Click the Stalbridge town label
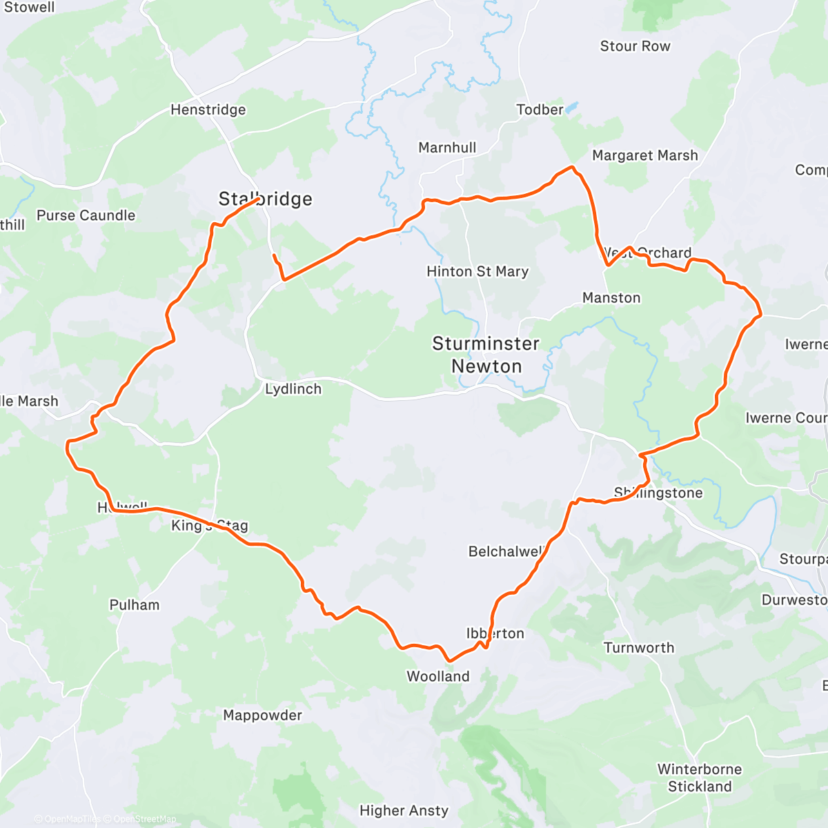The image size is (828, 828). [x=266, y=199]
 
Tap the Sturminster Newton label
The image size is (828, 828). [x=486, y=355]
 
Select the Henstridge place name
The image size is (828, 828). [x=208, y=110]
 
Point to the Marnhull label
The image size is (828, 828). [x=447, y=148]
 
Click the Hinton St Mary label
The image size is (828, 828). [x=477, y=272]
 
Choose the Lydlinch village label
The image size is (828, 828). [x=293, y=389]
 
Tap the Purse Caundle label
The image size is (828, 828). [x=86, y=215]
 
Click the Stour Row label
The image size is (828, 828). [x=635, y=46]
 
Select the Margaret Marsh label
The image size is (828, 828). [x=645, y=156]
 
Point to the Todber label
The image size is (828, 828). [x=540, y=110]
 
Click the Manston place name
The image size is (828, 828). [x=611, y=298]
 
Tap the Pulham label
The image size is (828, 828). [x=135, y=605]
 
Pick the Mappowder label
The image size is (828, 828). [x=262, y=716]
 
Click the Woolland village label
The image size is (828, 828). [x=438, y=677]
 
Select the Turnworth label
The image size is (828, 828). [x=639, y=648]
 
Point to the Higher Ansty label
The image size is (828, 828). [x=404, y=811]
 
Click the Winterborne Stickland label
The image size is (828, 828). [x=700, y=778]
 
